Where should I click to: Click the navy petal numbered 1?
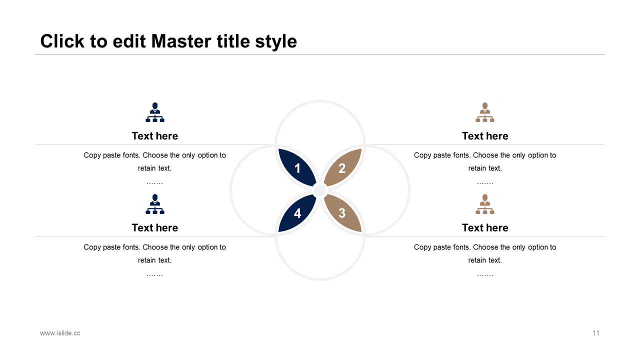click(297, 167)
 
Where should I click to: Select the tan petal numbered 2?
click(342, 167)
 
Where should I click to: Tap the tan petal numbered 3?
click(342, 213)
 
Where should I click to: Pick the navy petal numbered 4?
click(297, 213)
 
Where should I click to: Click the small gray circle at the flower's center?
click(320, 190)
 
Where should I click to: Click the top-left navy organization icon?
click(155, 112)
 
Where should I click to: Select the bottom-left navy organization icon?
click(155, 204)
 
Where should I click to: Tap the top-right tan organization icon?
click(485, 112)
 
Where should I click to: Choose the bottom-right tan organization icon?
click(485, 204)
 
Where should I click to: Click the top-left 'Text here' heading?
click(155, 136)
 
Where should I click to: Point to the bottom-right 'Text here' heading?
click(485, 228)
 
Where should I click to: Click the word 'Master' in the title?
click(181, 41)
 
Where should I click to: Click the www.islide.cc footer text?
click(60, 333)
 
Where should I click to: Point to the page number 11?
click(595, 333)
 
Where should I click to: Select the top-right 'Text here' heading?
click(485, 136)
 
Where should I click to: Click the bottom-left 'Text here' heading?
click(155, 228)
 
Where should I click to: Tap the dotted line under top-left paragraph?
click(155, 183)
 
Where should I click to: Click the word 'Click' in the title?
click(62, 41)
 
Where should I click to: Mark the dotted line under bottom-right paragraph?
click(485, 275)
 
